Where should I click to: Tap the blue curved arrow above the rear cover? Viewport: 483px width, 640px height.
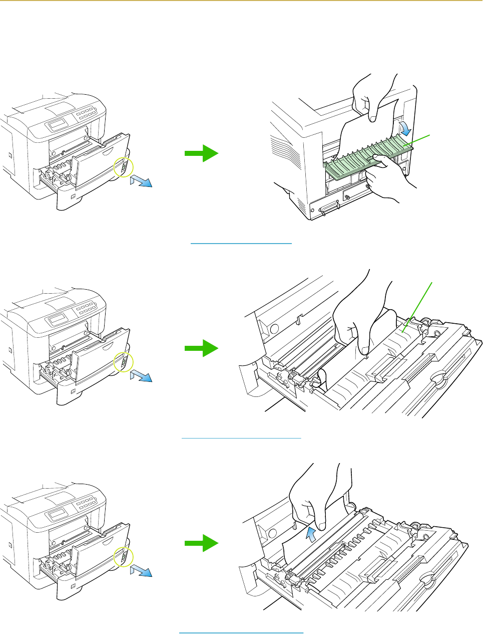[405, 127]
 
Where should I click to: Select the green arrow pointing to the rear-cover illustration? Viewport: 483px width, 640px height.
[201, 153]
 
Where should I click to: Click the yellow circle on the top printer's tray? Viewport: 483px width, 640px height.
[123, 168]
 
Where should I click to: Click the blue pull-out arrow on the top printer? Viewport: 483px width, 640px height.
[141, 180]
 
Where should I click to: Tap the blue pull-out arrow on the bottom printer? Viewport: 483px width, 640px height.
[141, 571]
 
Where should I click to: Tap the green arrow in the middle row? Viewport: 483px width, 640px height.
[201, 348]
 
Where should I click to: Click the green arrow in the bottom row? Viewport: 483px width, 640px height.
[201, 543]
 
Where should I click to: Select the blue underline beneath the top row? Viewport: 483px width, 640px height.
[241, 244]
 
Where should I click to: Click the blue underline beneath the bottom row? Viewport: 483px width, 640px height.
[241, 633]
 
